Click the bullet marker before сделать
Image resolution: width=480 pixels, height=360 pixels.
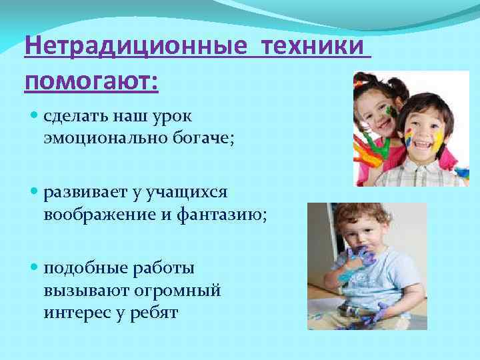[35, 116]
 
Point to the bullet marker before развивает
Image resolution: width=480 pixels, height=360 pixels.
[35, 193]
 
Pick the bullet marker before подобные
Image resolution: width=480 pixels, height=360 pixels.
[35, 269]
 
